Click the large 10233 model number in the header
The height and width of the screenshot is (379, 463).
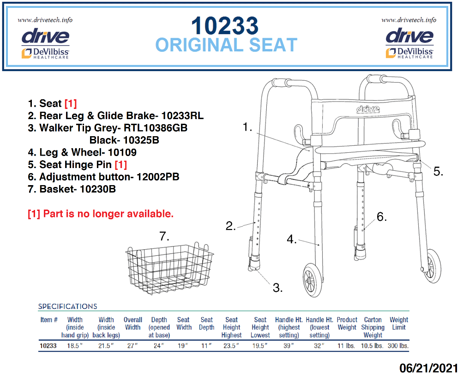pyautogui.click(x=225, y=26)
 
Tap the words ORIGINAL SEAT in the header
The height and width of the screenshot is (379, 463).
pyautogui.click(x=226, y=45)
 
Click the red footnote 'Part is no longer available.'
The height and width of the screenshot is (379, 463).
pyautogui.click(x=108, y=214)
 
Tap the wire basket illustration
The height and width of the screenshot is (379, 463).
pyautogui.click(x=170, y=269)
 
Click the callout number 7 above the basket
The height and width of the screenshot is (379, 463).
pyautogui.click(x=164, y=236)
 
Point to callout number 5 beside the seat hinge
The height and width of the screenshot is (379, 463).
pyautogui.click(x=438, y=171)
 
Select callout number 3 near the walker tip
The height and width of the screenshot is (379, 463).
pyautogui.click(x=277, y=288)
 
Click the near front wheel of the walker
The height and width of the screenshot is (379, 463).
pyautogui.click(x=313, y=280)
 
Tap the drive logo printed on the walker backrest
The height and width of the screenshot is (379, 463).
pyautogui.click(x=368, y=109)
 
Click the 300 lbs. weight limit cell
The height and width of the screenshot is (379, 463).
pyautogui.click(x=398, y=346)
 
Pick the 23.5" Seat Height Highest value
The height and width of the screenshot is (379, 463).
pyautogui.click(x=231, y=346)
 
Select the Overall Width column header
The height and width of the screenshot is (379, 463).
pyautogui.click(x=133, y=324)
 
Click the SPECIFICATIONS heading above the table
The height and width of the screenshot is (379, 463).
pyautogui.click(x=67, y=307)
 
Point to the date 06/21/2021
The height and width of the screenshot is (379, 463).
pyautogui.click(x=429, y=368)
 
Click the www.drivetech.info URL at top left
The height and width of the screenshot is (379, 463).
pyautogui.click(x=45, y=20)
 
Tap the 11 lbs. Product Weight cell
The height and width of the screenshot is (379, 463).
pyautogui.click(x=346, y=346)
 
